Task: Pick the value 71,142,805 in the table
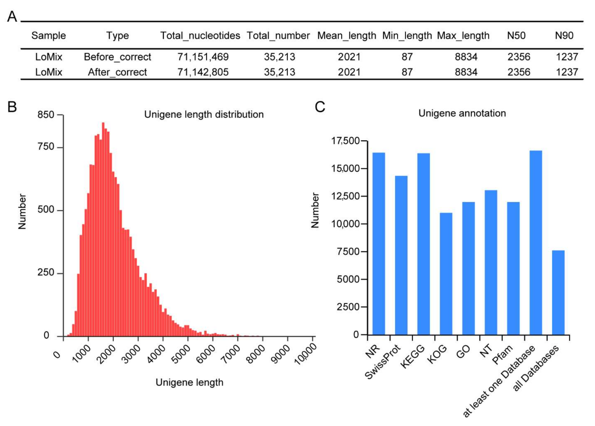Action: point(203,72)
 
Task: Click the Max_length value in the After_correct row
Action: point(466,72)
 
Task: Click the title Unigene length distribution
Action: point(204,115)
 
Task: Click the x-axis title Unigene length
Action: point(189,383)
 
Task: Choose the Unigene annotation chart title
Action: point(462,113)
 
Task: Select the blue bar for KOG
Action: point(446,274)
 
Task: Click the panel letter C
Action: point(320,107)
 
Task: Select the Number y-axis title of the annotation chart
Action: point(315,211)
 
